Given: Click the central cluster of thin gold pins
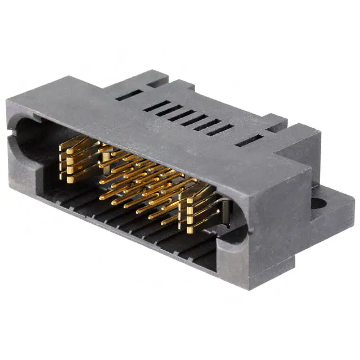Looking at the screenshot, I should click(141, 180).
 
